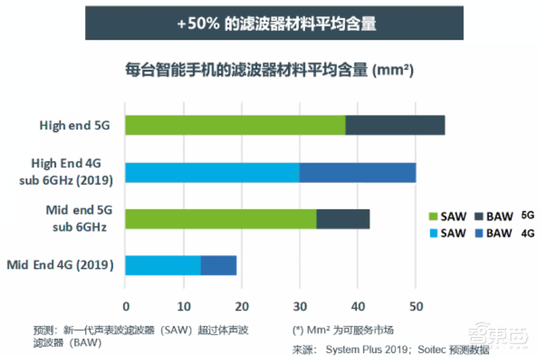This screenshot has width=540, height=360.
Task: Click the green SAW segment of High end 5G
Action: (x=235, y=125)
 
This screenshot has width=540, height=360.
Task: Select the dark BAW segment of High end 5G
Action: (x=395, y=125)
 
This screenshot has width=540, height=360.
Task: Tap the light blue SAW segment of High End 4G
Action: (x=212, y=173)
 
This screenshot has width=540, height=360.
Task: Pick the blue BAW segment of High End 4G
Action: (x=358, y=173)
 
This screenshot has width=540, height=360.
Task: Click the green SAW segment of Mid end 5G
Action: (x=221, y=219)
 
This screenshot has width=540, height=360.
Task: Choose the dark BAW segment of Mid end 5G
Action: (x=343, y=219)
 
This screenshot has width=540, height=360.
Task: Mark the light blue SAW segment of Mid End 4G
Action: (x=163, y=266)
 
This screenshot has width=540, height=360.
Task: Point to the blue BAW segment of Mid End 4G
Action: (x=218, y=266)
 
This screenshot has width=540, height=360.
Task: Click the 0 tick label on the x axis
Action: (x=126, y=307)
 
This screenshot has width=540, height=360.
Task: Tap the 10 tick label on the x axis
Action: (x=183, y=307)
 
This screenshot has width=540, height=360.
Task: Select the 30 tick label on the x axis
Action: (x=299, y=307)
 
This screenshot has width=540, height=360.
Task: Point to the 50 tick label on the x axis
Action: (x=415, y=307)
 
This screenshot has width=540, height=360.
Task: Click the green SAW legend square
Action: (x=433, y=217)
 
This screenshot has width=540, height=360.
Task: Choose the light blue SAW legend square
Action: (x=433, y=233)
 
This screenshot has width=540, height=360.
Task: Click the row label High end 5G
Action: (x=74, y=125)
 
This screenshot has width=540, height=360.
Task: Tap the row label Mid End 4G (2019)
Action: (x=60, y=266)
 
